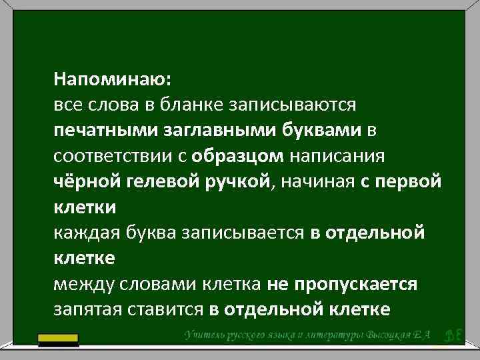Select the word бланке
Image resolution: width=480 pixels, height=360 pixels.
(194, 105)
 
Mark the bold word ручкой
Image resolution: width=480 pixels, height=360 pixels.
(233, 182)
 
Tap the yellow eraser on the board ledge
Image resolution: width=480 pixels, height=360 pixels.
(67, 341)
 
